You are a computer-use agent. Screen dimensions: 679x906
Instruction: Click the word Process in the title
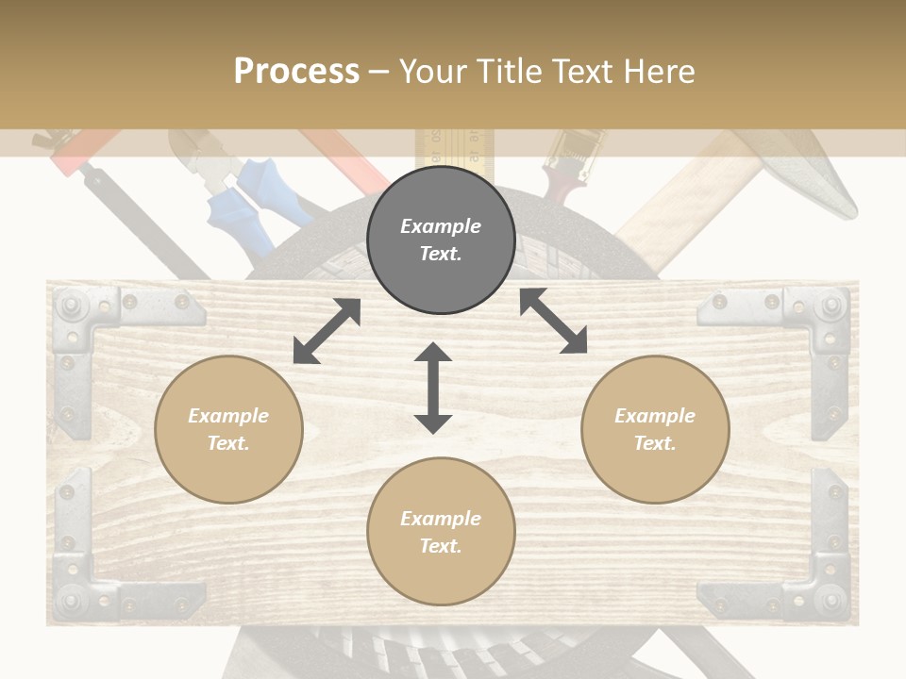[296, 72]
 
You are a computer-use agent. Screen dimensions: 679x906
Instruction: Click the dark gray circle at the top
[441, 240]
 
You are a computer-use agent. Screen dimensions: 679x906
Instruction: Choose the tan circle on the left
[228, 429]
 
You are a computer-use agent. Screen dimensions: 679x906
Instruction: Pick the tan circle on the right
[655, 429]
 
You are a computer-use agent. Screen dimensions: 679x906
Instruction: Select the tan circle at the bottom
[441, 532]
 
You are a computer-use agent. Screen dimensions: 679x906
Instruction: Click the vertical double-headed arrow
[433, 389]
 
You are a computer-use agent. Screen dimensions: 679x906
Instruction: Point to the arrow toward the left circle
[327, 331]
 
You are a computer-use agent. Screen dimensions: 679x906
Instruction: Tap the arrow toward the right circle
[554, 321]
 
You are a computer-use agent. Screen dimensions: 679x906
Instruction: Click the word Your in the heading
[436, 72]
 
